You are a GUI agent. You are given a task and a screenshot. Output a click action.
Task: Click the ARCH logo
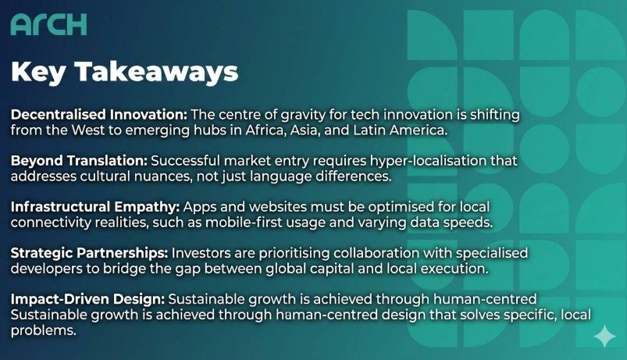tap(48, 25)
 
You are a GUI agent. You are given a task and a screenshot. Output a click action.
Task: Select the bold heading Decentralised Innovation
tap(98, 115)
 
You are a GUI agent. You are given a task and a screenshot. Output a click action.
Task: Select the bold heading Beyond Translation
tap(79, 161)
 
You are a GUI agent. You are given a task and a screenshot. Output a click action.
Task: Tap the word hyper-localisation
tap(428, 161)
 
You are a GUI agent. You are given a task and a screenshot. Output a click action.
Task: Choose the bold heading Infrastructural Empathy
tap(95, 207)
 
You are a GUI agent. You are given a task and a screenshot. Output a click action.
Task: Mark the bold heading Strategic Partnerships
tap(89, 253)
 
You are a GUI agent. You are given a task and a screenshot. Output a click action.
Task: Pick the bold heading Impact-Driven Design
tap(87, 299)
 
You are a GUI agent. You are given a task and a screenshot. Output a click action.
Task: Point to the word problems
tap(43, 330)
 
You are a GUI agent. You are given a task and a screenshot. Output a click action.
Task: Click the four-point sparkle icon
tap(604, 336)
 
